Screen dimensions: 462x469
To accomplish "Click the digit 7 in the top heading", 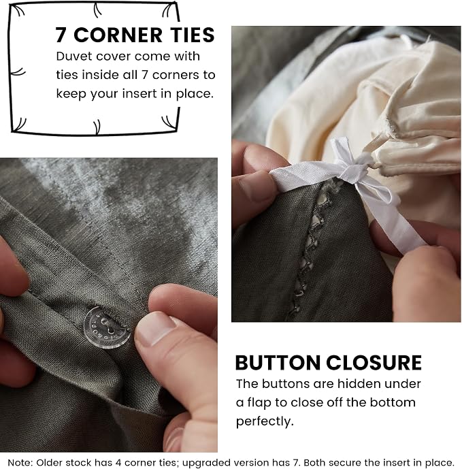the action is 61,35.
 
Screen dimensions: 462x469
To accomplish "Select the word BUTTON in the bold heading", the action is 278,363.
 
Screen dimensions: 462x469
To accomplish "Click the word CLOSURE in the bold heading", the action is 374,363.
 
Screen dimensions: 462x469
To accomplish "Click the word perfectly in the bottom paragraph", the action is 265,422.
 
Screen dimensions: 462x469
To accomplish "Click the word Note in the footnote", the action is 20,462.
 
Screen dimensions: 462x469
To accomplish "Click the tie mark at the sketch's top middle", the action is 97,10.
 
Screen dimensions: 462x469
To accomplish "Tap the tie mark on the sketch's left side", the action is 18,71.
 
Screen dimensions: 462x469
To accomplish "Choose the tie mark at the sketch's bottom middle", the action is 97,127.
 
